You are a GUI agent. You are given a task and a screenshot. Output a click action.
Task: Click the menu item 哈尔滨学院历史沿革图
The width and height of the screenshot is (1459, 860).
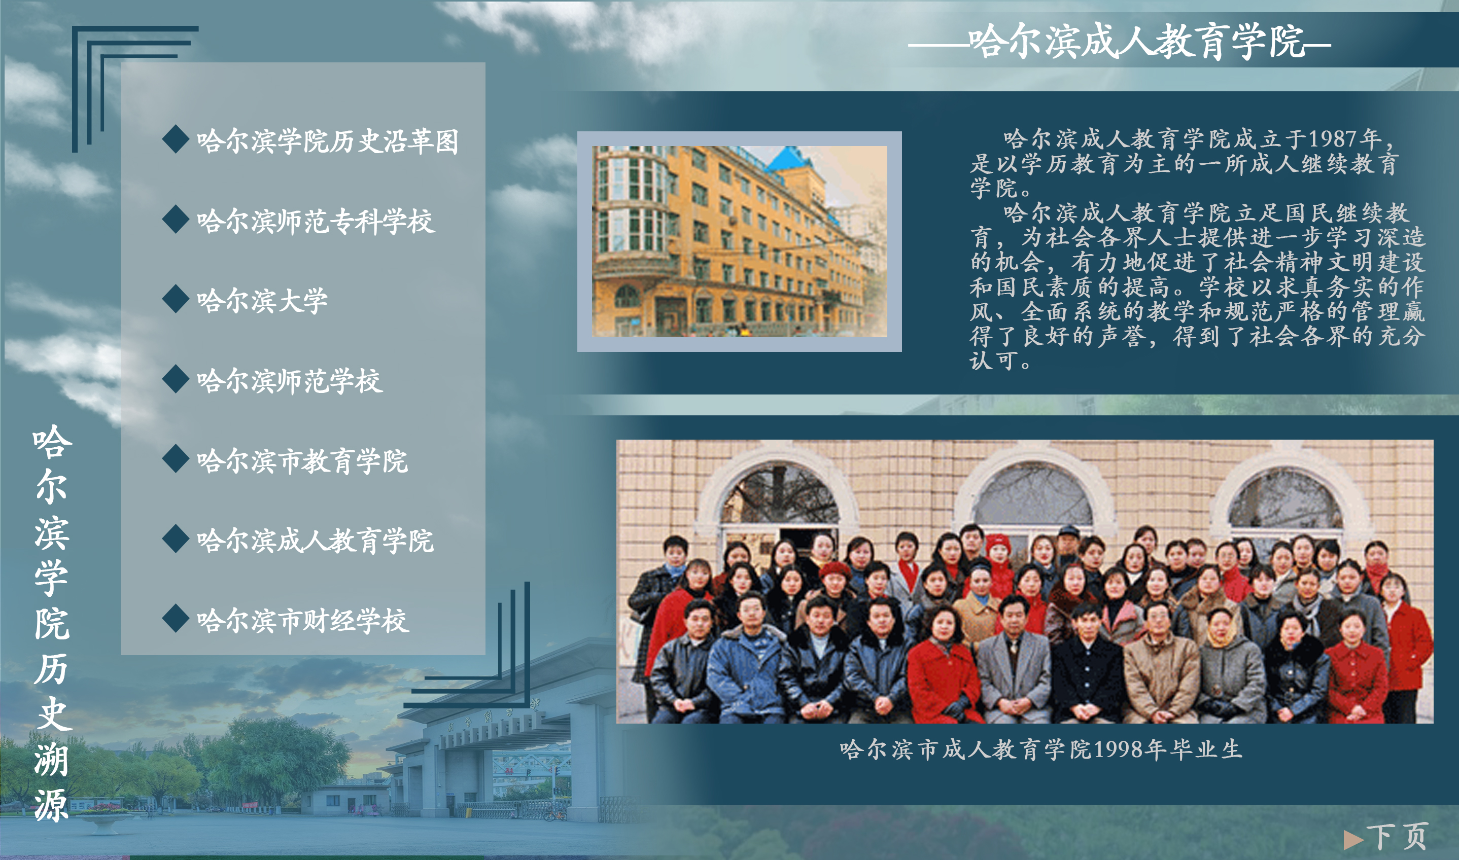pyautogui.click(x=328, y=141)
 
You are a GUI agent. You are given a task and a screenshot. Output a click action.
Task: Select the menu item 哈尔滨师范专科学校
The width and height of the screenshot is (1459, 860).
pyautogui.click(x=316, y=221)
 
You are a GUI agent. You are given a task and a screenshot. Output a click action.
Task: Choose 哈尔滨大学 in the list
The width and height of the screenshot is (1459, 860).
pyautogui.click(x=262, y=301)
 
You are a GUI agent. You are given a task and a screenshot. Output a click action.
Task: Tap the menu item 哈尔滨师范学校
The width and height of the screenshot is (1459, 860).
pyautogui.click(x=289, y=381)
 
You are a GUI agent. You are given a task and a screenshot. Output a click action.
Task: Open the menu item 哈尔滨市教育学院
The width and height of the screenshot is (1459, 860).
pyautogui.click(x=302, y=461)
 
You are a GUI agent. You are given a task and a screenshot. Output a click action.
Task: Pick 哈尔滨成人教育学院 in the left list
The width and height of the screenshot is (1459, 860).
pyautogui.click(x=315, y=541)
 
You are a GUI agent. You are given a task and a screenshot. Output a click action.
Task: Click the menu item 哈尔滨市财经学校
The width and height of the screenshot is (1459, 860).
pyautogui.click(x=302, y=621)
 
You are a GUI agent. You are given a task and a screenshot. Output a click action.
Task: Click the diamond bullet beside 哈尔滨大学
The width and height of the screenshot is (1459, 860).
pyautogui.click(x=176, y=299)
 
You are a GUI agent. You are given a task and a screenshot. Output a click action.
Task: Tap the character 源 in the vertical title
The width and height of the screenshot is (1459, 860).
pyautogui.click(x=52, y=806)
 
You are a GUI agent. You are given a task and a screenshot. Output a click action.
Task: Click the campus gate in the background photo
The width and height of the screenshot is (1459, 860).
pyautogui.click(x=499, y=747)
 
